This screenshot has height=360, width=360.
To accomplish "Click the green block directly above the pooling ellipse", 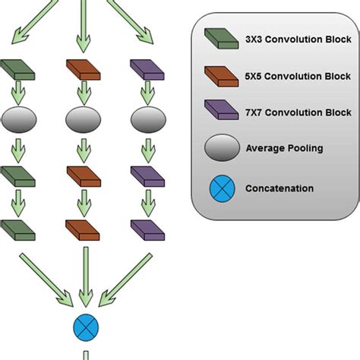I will coord(19,69).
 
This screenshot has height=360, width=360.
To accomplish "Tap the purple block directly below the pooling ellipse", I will coord(147,176).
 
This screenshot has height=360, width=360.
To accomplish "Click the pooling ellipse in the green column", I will coord(19,119).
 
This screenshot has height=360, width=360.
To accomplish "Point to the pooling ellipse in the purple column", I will coord(147,119).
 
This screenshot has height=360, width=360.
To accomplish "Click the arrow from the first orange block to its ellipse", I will coord(82,94).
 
